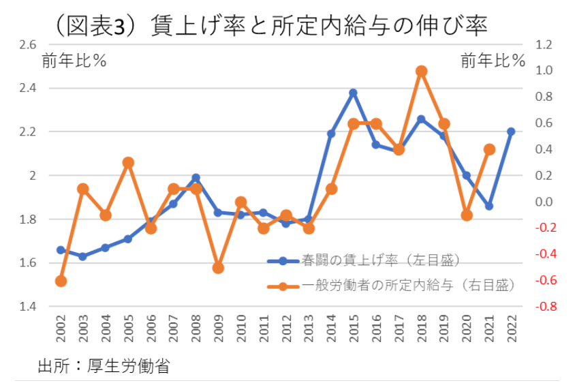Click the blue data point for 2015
pyautogui.click(x=353, y=93)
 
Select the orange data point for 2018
pyautogui.click(x=421, y=71)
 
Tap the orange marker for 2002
pyautogui.click(x=61, y=281)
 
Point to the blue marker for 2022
pyautogui.click(x=511, y=132)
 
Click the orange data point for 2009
pyautogui.click(x=218, y=268)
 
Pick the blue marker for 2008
pyautogui.click(x=196, y=178)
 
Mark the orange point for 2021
pyautogui.click(x=488, y=149)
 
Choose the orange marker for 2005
pyautogui.click(x=128, y=162)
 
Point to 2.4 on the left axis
pyautogui.click(x=27, y=88)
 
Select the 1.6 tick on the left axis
pyautogui.click(x=27, y=263)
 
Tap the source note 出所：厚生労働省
pyautogui.click(x=103, y=366)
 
